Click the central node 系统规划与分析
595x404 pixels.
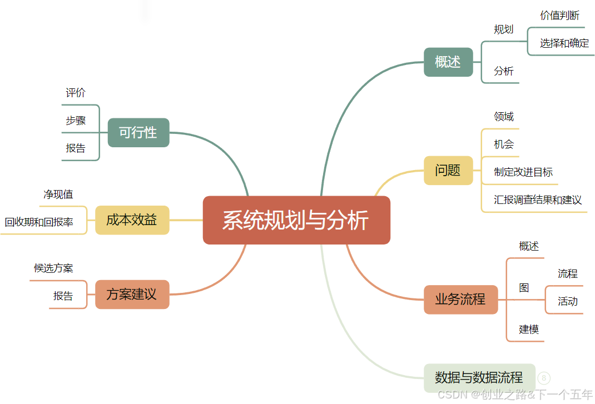[x=296, y=220]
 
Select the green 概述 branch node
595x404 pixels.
[x=448, y=62]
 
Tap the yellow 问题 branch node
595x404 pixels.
[x=448, y=170]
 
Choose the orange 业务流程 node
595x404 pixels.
[x=460, y=300]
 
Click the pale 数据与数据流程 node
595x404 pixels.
[x=479, y=378]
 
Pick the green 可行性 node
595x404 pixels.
[x=138, y=132]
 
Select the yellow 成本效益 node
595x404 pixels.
[x=132, y=220]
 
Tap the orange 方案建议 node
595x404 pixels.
[x=132, y=294]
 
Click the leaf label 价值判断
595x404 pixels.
[x=559, y=16]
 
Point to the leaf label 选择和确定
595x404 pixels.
[x=564, y=43]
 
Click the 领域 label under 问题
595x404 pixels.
[x=504, y=117]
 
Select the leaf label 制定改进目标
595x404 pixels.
[x=523, y=172]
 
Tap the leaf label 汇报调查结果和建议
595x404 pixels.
[x=538, y=200]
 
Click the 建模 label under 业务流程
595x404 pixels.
[x=529, y=330]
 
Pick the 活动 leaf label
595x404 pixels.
[x=568, y=302]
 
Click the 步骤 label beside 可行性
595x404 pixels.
[x=76, y=121]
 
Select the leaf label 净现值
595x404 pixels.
[x=58, y=194]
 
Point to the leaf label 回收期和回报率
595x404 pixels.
[x=39, y=223]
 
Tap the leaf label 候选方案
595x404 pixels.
[x=53, y=268]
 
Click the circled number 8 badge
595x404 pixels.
[x=544, y=378]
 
